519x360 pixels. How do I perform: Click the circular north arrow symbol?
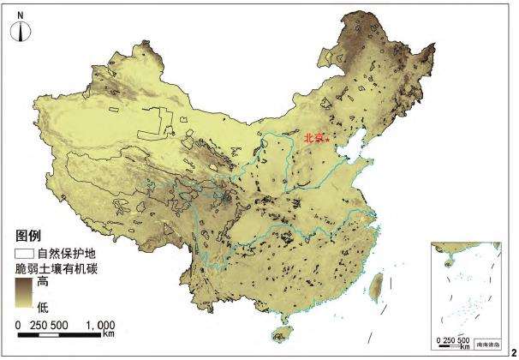[x=22, y=33]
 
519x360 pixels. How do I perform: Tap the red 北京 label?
[x=313, y=137]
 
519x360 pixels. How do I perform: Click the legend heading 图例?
[x=28, y=235]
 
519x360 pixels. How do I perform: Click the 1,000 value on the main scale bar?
[x=101, y=325]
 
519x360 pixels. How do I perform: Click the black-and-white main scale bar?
[x=65, y=333]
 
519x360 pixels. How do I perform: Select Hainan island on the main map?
[x=281, y=335]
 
